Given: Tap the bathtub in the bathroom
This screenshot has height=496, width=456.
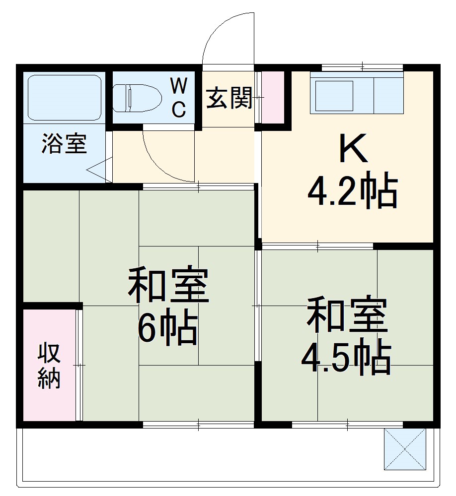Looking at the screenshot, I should (x=64, y=98).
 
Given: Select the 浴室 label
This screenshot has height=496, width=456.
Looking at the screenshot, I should (x=64, y=144).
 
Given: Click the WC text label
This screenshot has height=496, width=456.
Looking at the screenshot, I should (x=179, y=98).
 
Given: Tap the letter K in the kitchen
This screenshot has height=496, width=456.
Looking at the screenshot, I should (x=353, y=149).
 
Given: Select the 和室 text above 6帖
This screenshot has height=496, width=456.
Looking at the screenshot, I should (x=168, y=286).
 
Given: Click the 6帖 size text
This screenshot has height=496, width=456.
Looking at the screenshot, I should (x=167, y=329).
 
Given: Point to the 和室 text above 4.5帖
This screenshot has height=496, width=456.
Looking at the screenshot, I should (x=347, y=315).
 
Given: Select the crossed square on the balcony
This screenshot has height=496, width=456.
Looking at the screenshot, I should (x=405, y=449).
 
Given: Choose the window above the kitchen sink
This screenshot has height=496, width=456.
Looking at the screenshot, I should (x=362, y=67).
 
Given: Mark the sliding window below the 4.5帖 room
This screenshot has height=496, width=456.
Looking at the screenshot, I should (x=347, y=424).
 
